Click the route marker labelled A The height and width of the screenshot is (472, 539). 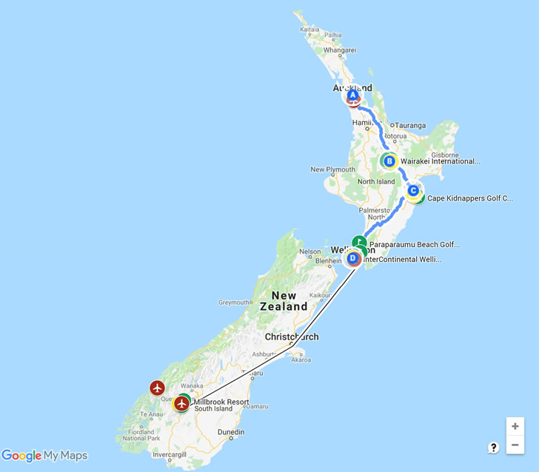pyautogui.click(x=353, y=95)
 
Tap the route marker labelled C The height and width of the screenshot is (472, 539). pyautogui.click(x=413, y=191)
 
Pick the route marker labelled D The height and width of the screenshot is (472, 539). pyautogui.click(x=353, y=258)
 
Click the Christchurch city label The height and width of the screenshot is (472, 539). pyautogui.click(x=292, y=337)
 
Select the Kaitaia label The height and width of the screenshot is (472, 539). pyautogui.click(x=309, y=29)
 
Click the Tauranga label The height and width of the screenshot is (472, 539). pyautogui.click(x=411, y=125)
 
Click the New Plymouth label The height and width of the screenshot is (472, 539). pyautogui.click(x=328, y=169)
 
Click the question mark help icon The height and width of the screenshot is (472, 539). pyautogui.click(x=493, y=447)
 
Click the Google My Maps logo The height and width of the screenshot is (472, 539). pyautogui.click(x=44, y=456)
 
